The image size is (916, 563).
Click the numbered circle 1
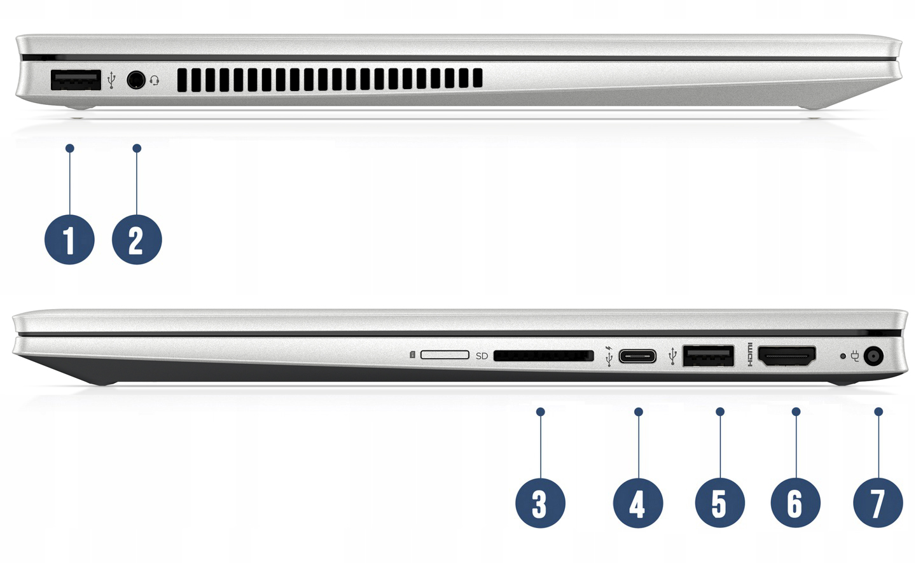point(69,239)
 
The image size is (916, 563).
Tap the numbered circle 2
point(137,239)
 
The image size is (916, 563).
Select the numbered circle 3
point(540,503)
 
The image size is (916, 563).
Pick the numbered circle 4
point(638,503)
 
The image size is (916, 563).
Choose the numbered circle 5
point(720,503)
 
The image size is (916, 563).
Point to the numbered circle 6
point(795,503)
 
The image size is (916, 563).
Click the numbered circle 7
point(878,503)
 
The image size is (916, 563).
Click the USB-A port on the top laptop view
point(76,80)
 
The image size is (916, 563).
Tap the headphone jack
point(135,80)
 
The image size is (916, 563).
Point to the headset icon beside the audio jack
point(154,80)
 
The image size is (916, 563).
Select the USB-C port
point(637,356)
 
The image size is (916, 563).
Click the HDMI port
point(788,356)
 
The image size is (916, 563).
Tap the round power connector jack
point(873,356)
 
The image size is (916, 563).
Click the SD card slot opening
point(543,356)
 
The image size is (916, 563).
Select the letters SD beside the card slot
point(482,356)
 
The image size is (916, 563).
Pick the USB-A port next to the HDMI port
point(708,356)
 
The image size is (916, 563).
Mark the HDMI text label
point(750,354)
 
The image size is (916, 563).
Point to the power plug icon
point(854,356)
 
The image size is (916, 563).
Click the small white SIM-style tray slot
point(445,354)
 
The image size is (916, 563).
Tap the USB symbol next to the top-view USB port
point(111,81)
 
